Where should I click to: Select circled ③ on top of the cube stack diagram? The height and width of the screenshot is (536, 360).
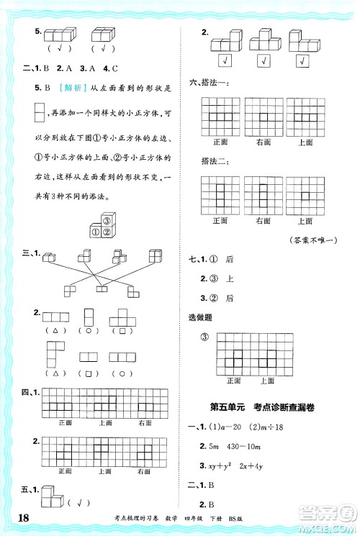[107, 221]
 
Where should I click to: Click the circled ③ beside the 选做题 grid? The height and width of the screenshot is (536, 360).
[204, 338]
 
